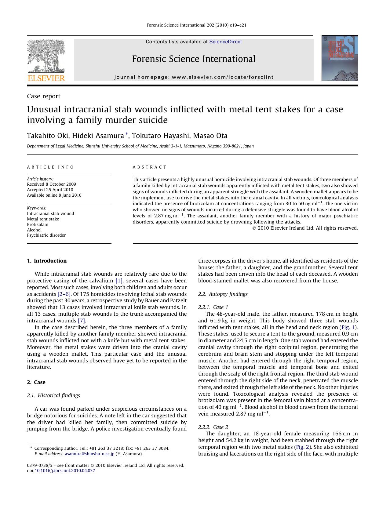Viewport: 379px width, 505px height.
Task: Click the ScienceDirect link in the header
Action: tap(225, 42)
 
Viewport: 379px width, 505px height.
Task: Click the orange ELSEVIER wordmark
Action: tap(46, 78)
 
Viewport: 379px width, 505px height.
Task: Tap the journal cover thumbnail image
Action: tap(340, 58)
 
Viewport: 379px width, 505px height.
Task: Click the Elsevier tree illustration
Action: tap(46, 56)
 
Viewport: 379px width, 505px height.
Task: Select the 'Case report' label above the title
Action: tap(44, 96)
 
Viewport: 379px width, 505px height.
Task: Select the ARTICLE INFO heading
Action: tap(50, 167)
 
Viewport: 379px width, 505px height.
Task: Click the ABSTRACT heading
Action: tap(149, 167)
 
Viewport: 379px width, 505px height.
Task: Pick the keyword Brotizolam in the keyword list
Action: tap(38, 224)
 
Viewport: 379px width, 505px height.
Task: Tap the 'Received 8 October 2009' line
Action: tap(51, 184)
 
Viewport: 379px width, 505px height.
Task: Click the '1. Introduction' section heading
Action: tap(47, 261)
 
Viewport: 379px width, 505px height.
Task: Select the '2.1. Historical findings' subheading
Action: tap(53, 395)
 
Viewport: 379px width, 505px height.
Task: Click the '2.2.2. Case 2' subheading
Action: tap(213, 427)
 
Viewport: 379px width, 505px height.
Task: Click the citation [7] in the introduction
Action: tap(82, 321)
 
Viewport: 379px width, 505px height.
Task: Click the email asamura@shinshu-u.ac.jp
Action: tap(89, 454)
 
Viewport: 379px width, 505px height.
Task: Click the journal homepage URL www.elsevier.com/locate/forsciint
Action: tap(223, 77)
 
